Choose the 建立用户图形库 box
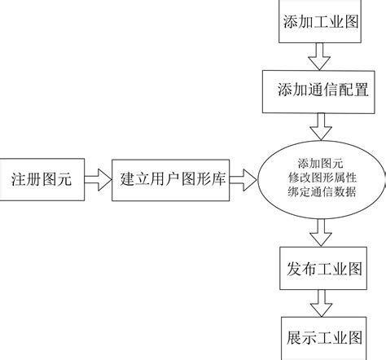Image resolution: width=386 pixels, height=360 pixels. [171, 179]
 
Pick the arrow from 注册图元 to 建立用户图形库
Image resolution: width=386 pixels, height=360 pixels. [95, 179]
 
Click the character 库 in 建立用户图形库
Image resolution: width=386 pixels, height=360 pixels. [222, 179]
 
